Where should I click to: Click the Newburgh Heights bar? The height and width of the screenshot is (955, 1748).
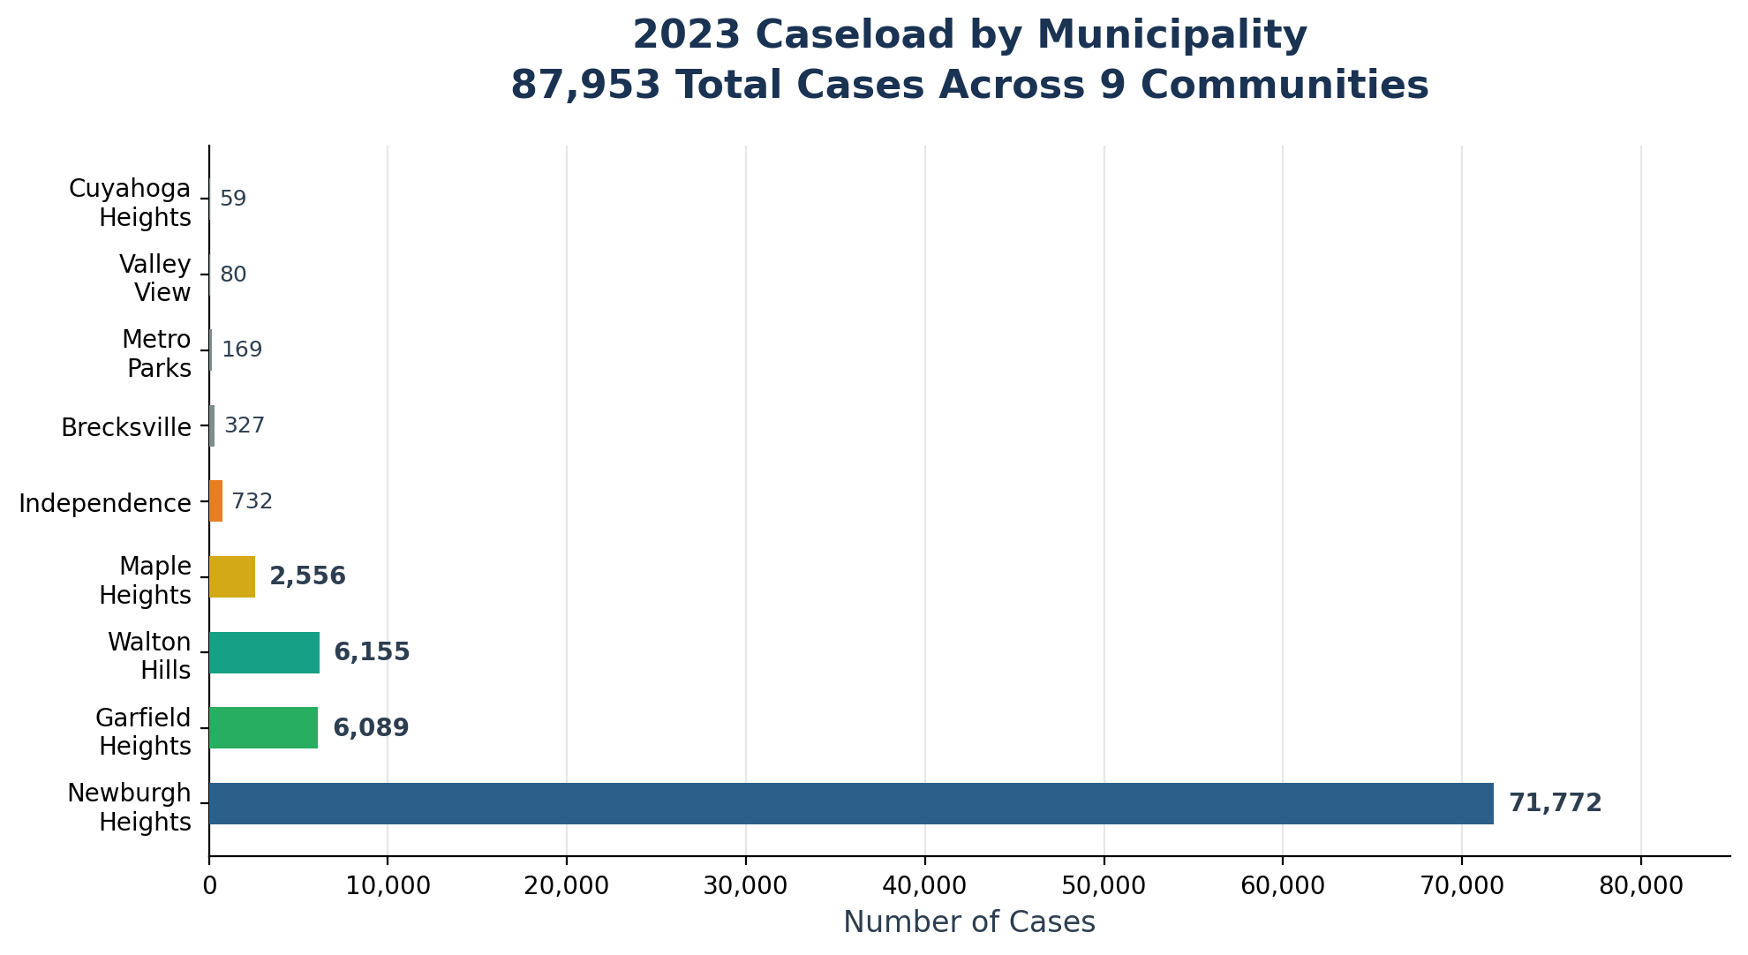click(851, 803)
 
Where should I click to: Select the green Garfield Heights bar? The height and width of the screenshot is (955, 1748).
click(263, 728)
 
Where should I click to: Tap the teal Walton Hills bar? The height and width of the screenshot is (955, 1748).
click(264, 652)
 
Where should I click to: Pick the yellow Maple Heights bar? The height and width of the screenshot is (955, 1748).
click(232, 577)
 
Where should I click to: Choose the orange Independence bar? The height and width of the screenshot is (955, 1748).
click(215, 501)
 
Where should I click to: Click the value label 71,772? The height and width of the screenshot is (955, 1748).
click(1555, 803)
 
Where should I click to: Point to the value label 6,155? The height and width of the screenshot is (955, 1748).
click(372, 652)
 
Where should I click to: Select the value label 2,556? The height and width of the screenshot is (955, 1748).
click(307, 577)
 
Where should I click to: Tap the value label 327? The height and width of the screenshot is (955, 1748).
click(245, 425)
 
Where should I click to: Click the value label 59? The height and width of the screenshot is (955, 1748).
click(233, 199)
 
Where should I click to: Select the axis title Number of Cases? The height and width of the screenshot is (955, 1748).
click(969, 922)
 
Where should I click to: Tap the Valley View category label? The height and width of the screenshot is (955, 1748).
click(155, 278)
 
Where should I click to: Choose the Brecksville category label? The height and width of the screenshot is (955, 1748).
click(126, 427)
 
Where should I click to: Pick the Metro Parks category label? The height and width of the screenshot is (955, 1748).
click(157, 353)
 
